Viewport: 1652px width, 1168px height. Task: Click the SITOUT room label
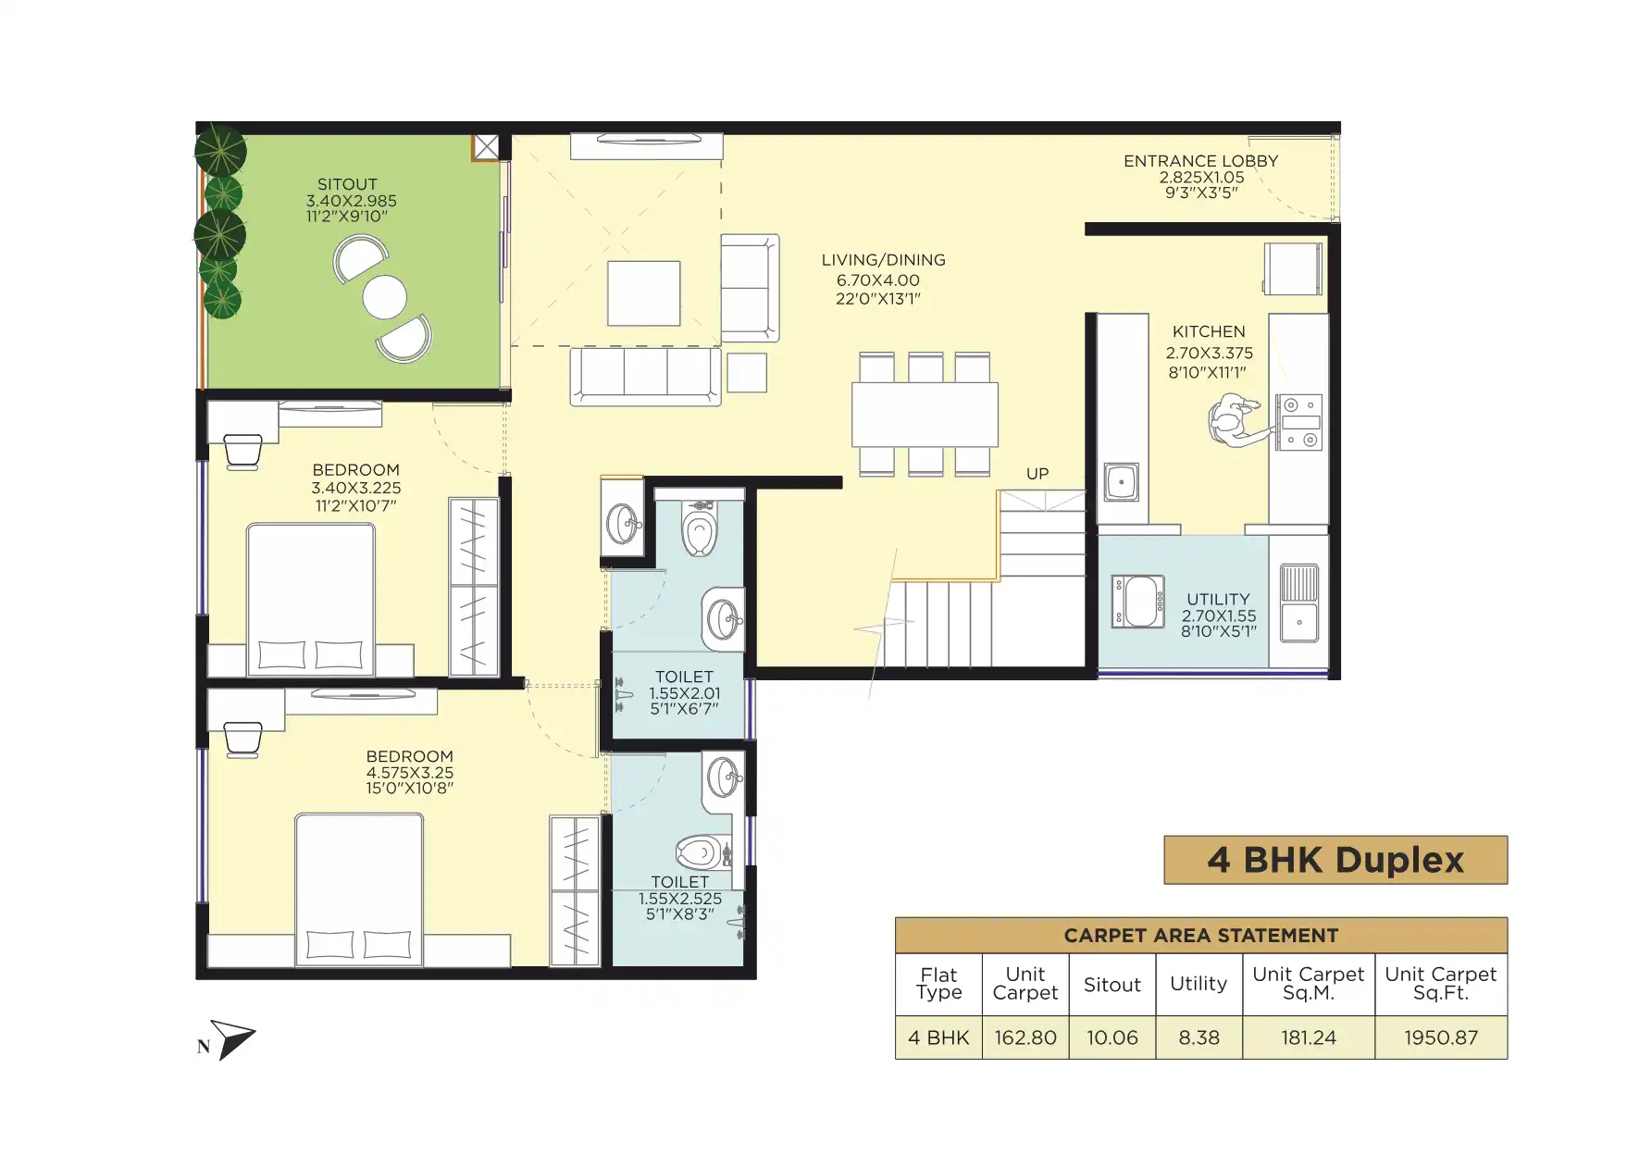point(347,184)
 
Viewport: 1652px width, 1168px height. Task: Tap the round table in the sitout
point(385,297)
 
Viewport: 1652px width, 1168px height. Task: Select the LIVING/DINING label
point(883,260)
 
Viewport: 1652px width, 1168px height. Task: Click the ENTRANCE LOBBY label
point(1200,161)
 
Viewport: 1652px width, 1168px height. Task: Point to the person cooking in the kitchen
point(1234,421)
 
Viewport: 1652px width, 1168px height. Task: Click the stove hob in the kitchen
point(1299,423)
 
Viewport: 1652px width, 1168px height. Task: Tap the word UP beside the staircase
point(1037,474)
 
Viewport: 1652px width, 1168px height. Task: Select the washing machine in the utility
point(1138,603)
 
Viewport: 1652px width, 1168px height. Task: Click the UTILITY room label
point(1218,600)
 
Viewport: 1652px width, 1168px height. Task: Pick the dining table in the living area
point(925,415)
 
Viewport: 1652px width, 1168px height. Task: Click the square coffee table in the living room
point(644,293)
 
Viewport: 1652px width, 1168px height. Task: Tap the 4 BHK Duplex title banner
point(1335,860)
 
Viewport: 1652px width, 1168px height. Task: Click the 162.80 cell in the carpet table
point(1025,1038)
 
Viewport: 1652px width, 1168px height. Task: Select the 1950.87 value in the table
point(1440,1038)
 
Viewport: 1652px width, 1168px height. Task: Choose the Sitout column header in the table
point(1112,985)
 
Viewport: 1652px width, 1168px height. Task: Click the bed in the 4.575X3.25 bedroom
point(359,889)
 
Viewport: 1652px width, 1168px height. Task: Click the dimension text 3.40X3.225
point(356,488)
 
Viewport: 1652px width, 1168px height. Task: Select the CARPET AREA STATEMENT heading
point(1201,936)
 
